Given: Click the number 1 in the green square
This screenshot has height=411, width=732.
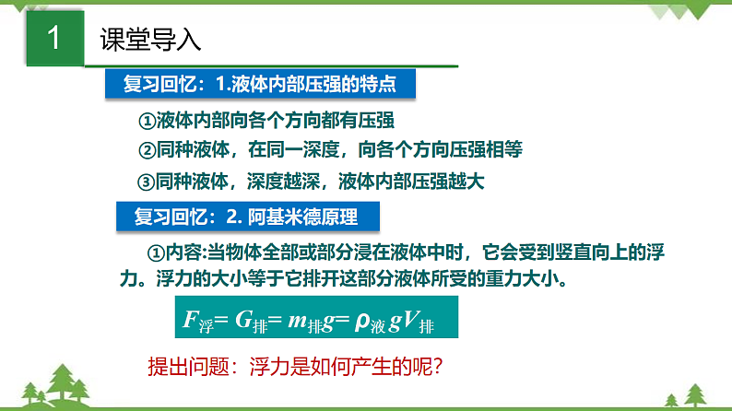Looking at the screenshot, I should point(53,40).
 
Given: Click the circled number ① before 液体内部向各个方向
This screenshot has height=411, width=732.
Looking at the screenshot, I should point(148,122).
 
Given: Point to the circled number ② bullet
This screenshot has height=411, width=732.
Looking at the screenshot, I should point(148,150).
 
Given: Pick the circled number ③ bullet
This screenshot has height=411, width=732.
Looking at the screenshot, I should point(148,181).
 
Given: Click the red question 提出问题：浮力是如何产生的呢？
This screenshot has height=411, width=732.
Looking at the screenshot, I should point(297,367).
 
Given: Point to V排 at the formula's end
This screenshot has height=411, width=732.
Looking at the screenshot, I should point(425,321).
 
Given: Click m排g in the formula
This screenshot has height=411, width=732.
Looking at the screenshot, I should point(314,321).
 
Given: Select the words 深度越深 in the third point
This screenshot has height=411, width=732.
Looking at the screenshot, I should point(291,181).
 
